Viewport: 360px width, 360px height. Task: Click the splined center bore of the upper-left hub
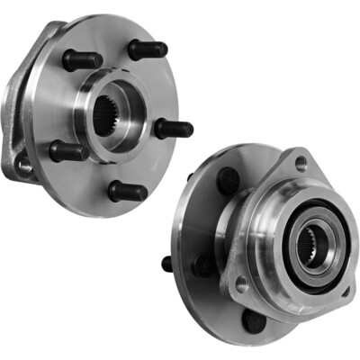pos(106,114)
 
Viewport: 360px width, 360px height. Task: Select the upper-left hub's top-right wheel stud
pos(147,49)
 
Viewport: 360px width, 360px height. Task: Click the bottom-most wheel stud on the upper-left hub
pos(128,191)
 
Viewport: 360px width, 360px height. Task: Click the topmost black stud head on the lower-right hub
pos(228,181)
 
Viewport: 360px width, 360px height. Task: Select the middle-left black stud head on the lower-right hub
pos(206,265)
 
